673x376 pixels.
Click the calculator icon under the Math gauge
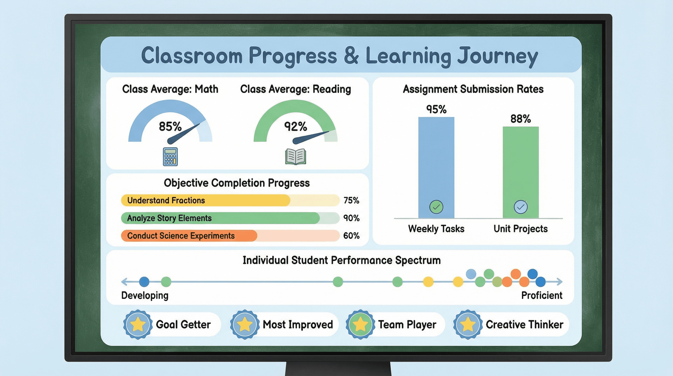pos(170,157)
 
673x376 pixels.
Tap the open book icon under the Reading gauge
pos(295,157)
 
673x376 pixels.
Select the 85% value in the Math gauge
pos(170,127)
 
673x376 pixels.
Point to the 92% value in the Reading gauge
pos(295,127)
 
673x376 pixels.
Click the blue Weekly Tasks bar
pos(436,162)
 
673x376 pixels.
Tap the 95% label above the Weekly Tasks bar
pos(436,109)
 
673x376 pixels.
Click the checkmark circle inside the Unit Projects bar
pos(520,207)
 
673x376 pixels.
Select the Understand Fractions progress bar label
pos(166,200)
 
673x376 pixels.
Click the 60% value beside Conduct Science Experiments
pos(351,235)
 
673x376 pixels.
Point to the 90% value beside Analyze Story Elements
pos(351,218)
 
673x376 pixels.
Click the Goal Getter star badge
pos(138,325)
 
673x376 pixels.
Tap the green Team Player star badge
pos(360,325)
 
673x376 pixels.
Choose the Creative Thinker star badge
pos(467,325)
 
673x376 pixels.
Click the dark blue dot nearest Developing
pos(144,282)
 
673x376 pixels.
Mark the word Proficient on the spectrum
pos(542,295)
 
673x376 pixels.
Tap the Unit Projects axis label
pos(520,229)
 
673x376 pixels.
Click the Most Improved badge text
pos(298,325)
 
